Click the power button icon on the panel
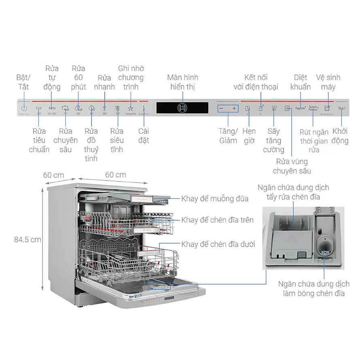click(x=24, y=108)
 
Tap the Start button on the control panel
click(x=342, y=108)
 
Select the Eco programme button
click(x=39, y=108)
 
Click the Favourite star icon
click(x=130, y=108)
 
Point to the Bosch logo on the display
click(x=182, y=108)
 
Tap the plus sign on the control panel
click(x=234, y=108)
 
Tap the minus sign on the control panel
click(x=221, y=108)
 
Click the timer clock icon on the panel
click(x=248, y=108)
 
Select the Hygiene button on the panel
click(x=300, y=108)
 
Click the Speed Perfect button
click(x=313, y=108)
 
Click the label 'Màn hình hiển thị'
click(x=183, y=82)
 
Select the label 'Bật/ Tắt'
click(x=23, y=82)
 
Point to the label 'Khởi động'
click(x=340, y=136)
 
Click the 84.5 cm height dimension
click(x=28, y=239)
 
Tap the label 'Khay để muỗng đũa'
click(x=215, y=199)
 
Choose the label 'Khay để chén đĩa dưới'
click(x=218, y=244)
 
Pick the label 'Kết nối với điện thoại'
click(x=256, y=82)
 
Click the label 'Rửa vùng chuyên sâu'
click(x=292, y=166)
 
